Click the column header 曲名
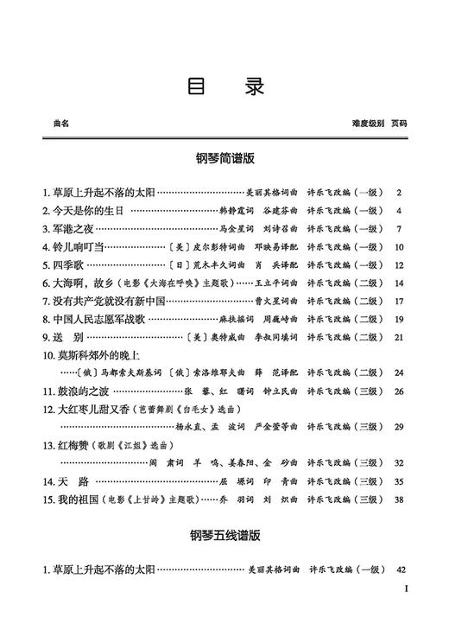(61, 124)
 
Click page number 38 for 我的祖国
(399, 499)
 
